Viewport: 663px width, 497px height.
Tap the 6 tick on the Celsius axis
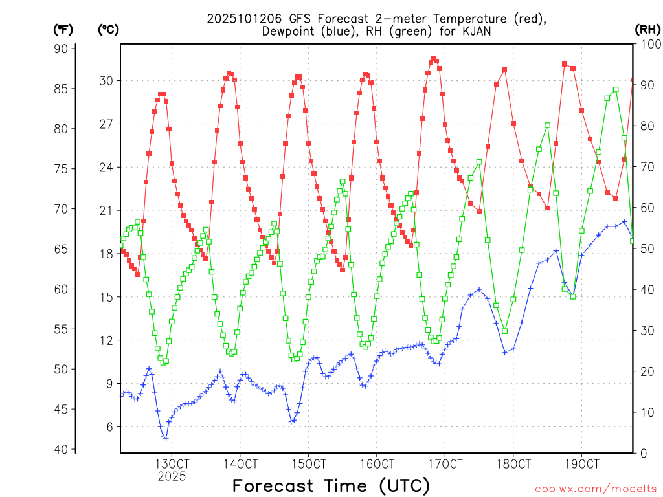108,426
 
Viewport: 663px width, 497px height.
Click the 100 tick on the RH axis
648,44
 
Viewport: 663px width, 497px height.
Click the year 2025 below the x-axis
172,476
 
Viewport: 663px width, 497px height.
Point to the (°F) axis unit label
64,29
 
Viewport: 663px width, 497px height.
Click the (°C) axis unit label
108,29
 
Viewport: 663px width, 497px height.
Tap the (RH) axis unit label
647,29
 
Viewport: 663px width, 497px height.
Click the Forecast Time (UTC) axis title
331,485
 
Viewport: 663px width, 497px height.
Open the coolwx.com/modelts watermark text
596,489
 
